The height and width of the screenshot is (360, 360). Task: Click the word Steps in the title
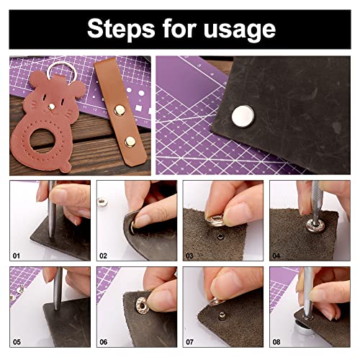point(119,28)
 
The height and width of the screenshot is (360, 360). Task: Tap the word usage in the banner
point(240,28)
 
